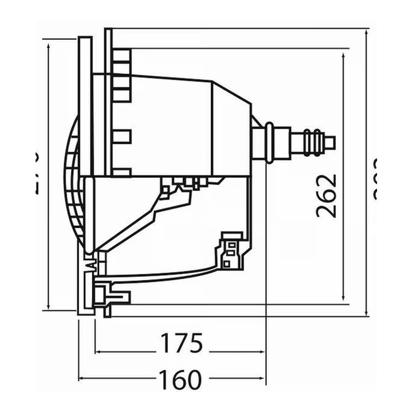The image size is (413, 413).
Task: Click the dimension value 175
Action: coord(181,343)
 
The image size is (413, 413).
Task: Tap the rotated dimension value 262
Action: coord(327,196)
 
